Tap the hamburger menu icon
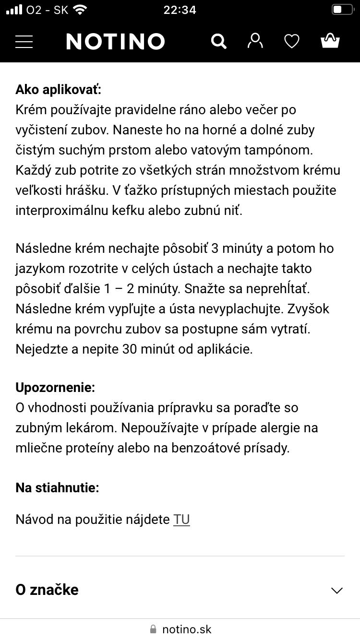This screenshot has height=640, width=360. click(x=24, y=41)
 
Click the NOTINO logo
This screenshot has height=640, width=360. click(x=116, y=42)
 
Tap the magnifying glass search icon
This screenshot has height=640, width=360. click(x=218, y=41)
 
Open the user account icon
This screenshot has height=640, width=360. click(x=255, y=41)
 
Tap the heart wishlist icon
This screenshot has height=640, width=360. click(x=292, y=42)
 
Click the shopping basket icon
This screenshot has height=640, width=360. click(x=330, y=41)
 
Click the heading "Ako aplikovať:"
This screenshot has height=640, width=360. click(x=59, y=90)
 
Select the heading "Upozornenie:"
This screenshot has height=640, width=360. click(x=55, y=387)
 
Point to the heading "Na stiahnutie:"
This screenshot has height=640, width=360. click(x=57, y=488)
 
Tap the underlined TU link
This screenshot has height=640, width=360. click(x=181, y=520)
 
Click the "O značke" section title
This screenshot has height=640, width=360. click(x=47, y=590)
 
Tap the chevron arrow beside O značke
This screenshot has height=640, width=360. click(x=337, y=590)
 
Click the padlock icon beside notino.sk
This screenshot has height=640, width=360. click(x=153, y=629)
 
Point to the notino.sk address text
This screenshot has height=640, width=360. click(x=187, y=629)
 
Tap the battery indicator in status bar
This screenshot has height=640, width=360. click(x=342, y=10)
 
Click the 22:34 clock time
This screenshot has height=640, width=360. click(x=180, y=10)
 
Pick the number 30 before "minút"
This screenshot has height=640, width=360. click(x=130, y=349)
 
